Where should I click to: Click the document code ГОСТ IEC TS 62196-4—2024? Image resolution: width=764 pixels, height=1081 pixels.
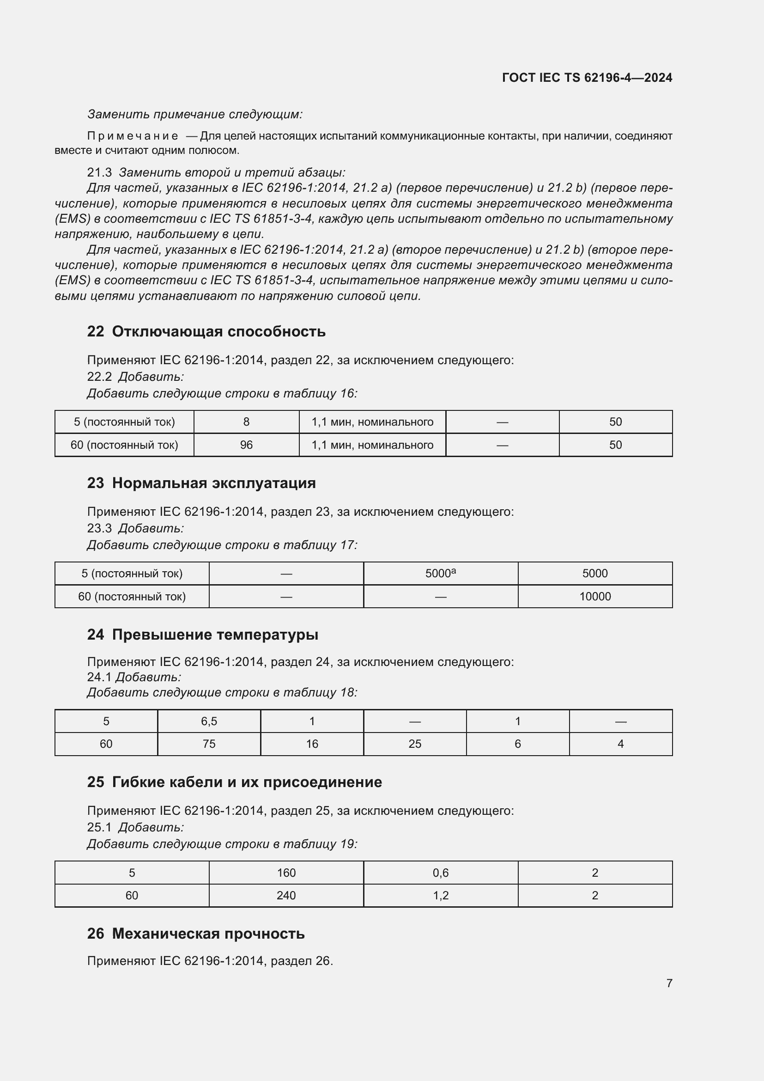click(587, 78)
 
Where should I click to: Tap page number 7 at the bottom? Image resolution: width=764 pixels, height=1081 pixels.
click(669, 983)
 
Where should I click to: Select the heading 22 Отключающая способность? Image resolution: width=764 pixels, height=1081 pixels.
click(206, 331)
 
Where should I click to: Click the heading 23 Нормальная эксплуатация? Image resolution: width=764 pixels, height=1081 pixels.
click(201, 483)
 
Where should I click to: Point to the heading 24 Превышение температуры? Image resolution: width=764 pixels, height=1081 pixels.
click(202, 635)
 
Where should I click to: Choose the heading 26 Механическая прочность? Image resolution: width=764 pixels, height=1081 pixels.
click(196, 933)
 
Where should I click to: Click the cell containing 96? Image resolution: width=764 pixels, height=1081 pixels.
click(246, 445)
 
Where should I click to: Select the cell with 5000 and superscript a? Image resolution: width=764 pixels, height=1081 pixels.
click(440, 574)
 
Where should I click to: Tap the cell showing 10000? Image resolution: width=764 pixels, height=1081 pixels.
click(594, 597)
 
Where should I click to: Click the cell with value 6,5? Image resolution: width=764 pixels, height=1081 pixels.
click(209, 721)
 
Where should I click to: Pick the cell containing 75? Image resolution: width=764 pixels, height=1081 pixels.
click(209, 744)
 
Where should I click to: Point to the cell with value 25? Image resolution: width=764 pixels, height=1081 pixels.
click(414, 744)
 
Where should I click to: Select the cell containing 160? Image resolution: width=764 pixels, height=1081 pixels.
click(286, 873)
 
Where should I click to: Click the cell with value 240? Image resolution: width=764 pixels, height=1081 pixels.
click(286, 896)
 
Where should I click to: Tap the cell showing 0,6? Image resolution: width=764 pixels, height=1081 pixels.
click(440, 873)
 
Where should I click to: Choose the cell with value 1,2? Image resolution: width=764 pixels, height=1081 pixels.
click(440, 896)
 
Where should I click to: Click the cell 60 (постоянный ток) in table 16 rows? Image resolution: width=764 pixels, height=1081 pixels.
click(124, 445)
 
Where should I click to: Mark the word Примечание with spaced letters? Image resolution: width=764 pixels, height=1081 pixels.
click(133, 136)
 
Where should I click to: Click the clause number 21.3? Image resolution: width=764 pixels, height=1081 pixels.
click(99, 172)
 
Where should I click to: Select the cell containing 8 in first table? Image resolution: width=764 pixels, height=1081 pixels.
click(246, 422)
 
